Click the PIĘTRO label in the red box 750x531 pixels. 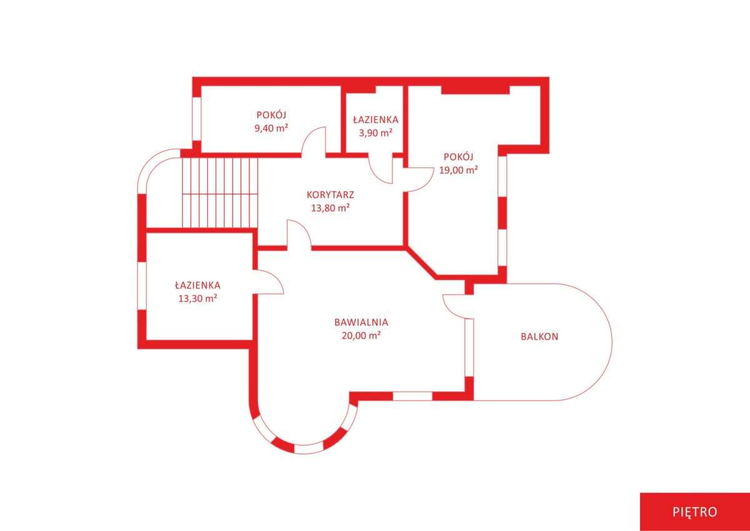695,512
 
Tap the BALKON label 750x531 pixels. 539,337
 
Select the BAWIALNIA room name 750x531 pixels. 361,322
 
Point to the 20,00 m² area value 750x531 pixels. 361,335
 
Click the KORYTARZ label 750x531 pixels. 331,195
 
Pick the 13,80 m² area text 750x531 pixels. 331,208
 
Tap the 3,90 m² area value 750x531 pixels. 376,133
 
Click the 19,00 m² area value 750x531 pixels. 458,170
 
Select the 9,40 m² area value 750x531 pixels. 271,128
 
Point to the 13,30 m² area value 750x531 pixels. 197,298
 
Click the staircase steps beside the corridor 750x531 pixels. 219,193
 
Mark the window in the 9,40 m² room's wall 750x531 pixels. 196,119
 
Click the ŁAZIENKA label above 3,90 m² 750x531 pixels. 376,119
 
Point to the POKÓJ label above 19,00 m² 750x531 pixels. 458,157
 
